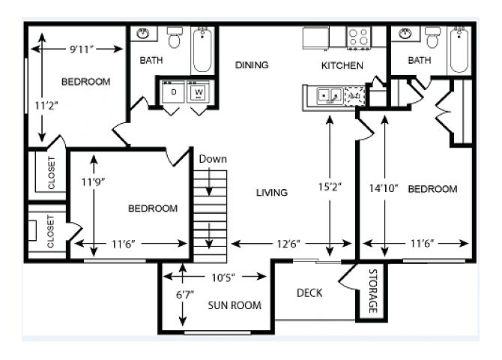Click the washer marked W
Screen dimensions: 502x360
tap(199, 91)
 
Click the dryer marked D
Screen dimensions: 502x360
tap(173, 91)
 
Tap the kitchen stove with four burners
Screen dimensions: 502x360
tap(359, 37)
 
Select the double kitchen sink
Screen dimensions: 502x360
tap(330, 95)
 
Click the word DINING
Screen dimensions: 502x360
tap(252, 65)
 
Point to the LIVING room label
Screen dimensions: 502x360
tap(272, 192)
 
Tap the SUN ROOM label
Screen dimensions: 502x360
tap(235, 305)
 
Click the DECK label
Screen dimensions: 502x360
tap(309, 292)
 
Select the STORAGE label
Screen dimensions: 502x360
tap(373, 291)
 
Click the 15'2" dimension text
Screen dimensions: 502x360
tap(330, 187)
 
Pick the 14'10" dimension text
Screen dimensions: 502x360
tap(383, 187)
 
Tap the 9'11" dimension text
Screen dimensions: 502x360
tap(82, 49)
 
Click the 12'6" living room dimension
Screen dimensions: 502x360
tap(288, 244)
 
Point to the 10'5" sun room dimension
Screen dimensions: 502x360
tap(223, 277)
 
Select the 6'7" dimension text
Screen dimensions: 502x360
tap(185, 294)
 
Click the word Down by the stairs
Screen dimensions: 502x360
tap(213, 159)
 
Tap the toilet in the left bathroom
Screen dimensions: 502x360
tap(175, 37)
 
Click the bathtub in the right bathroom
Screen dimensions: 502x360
tap(459, 50)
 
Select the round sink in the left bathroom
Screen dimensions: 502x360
tap(143, 33)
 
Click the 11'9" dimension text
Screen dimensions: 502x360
tap(93, 182)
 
